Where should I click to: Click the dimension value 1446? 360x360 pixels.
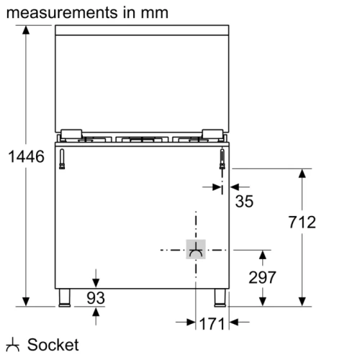click(27, 156)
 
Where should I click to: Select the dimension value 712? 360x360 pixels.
click(301, 222)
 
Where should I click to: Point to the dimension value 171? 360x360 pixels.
click(212, 325)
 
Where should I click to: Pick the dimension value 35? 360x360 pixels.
click(245, 202)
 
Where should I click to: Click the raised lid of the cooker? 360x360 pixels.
click(141, 79)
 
